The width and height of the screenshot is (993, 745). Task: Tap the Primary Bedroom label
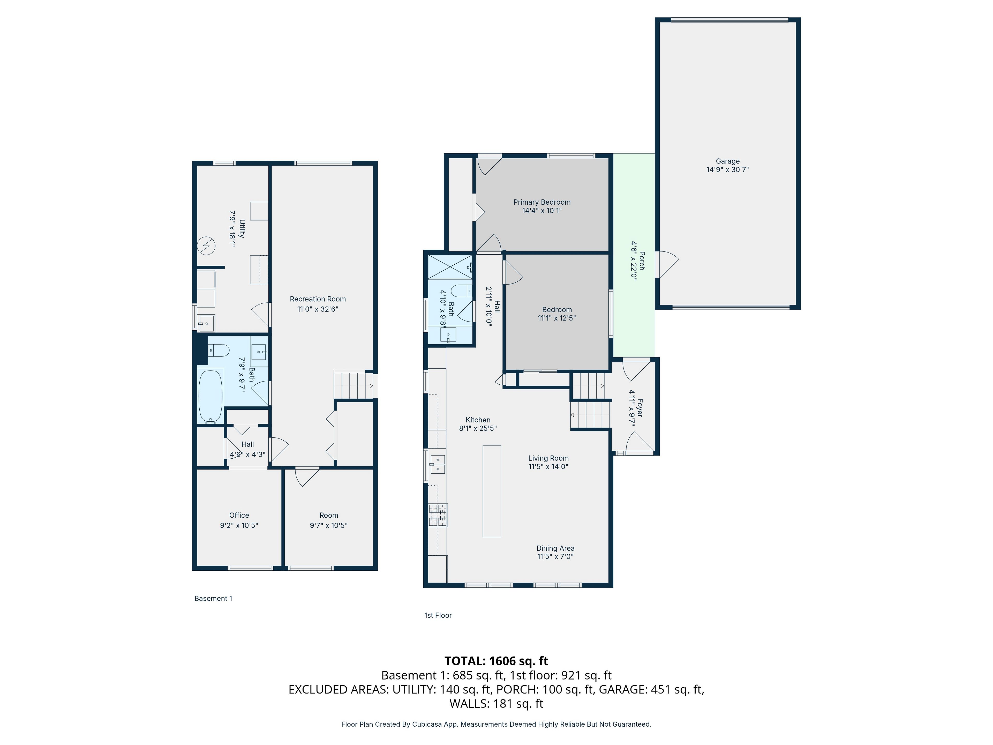tap(542, 202)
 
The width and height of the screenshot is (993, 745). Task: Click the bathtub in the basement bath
tap(210, 396)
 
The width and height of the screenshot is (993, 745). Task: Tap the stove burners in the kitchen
tap(438, 515)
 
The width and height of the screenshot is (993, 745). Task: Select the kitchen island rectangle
tap(492, 491)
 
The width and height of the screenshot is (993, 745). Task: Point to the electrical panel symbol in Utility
tap(207, 246)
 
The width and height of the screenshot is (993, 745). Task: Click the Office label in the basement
tap(239, 515)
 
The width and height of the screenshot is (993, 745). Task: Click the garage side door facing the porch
tap(667, 264)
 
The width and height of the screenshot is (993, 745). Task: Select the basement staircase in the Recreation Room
tap(353, 384)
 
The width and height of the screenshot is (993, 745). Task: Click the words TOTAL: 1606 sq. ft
tap(496, 661)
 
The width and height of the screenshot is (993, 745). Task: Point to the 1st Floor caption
tap(438, 615)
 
